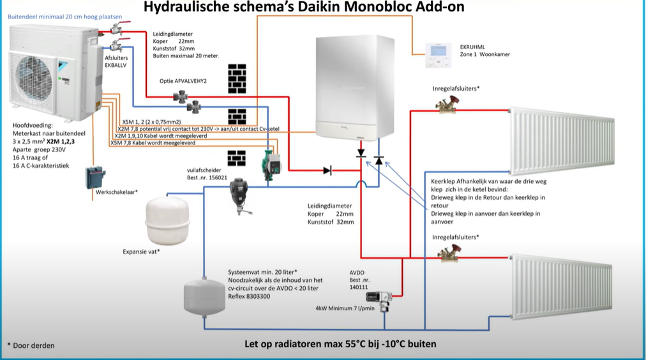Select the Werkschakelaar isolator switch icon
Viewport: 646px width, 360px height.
pos(95,176)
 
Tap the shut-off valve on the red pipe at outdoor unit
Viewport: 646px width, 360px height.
pos(116,29)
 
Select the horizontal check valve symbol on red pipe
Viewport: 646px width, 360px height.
pos(327,170)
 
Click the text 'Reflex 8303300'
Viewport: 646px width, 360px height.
pos(249,296)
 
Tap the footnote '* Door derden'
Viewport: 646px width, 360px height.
pos(31,345)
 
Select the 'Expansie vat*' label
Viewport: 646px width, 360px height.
pos(141,251)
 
